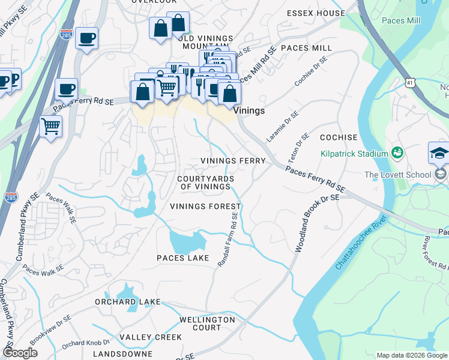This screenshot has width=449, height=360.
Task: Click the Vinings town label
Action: pos(249,111)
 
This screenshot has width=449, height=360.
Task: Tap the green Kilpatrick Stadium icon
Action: pos(396,154)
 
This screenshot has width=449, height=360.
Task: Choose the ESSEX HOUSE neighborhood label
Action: pos(316,13)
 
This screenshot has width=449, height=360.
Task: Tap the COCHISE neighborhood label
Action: pos(339,137)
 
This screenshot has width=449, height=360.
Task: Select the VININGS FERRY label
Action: pos(233,161)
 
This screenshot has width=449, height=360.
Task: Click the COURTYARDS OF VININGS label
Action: pos(204,183)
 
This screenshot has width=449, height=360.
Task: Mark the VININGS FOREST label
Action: pos(200,206)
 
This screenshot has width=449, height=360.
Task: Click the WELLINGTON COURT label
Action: pos(206,324)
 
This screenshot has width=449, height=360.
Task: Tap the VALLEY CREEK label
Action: pos(150,337)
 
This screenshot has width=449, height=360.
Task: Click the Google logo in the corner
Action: pos(20,353)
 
